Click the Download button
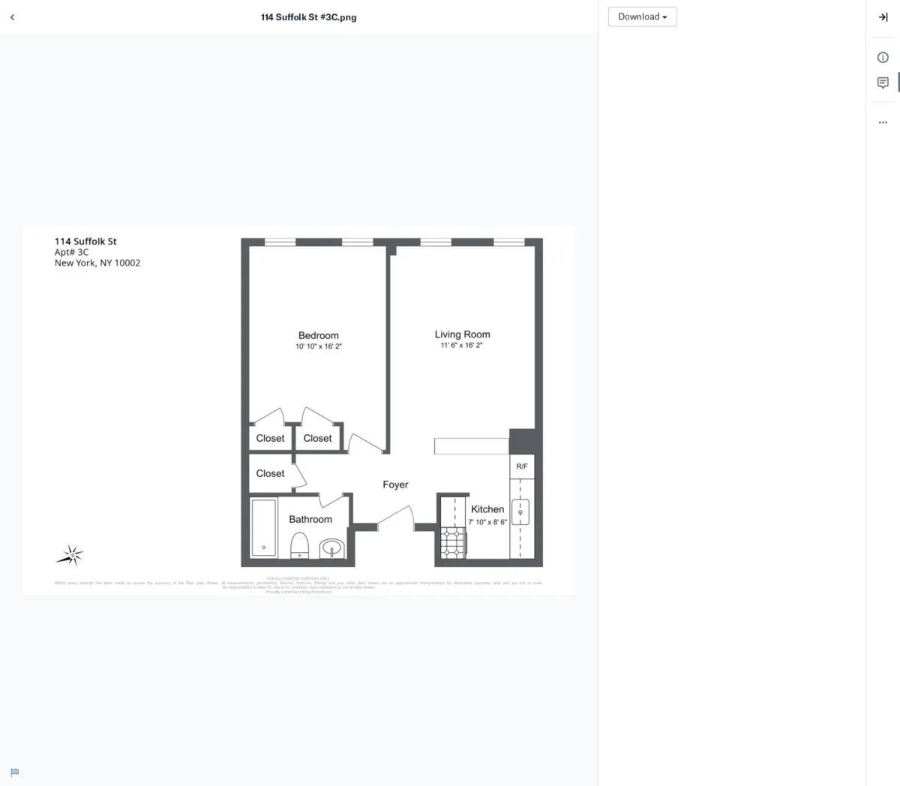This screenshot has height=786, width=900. click(x=642, y=16)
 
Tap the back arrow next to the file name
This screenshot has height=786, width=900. click(x=12, y=17)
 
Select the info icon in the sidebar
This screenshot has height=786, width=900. click(x=883, y=58)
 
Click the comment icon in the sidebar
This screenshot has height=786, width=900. click(x=883, y=82)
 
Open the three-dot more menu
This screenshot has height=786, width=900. click(x=883, y=122)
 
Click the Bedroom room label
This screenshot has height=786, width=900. click(x=319, y=335)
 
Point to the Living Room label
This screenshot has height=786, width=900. click(x=462, y=334)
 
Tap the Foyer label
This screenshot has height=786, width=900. click(x=395, y=484)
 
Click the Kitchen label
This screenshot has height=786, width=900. click(x=487, y=508)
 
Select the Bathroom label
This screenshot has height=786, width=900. click(x=310, y=519)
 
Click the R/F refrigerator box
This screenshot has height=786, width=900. click(x=522, y=466)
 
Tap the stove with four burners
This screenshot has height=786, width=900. click(x=453, y=542)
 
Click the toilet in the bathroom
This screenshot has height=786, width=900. click(x=300, y=545)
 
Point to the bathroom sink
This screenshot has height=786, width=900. click(x=331, y=549)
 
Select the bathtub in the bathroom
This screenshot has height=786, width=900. click(x=264, y=528)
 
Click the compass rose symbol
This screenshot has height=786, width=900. click(x=71, y=555)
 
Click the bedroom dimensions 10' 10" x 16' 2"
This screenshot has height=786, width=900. click(x=319, y=346)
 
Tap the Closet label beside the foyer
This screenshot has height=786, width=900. click(x=270, y=473)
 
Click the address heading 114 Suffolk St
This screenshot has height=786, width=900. click(x=85, y=241)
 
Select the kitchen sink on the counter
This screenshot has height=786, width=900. click(x=520, y=512)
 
